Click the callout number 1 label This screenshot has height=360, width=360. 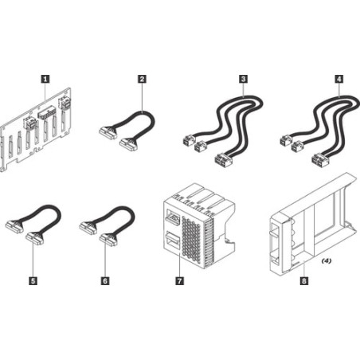[x=45, y=78]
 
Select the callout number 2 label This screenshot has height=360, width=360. [x=142, y=78]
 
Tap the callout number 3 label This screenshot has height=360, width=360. [x=242, y=78]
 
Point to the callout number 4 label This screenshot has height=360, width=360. [x=339, y=78]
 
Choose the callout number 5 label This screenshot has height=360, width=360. [x=33, y=280]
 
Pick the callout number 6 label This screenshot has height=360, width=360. [x=105, y=280]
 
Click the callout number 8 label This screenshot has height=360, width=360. [x=304, y=280]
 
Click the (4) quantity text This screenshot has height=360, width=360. [x=327, y=260]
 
